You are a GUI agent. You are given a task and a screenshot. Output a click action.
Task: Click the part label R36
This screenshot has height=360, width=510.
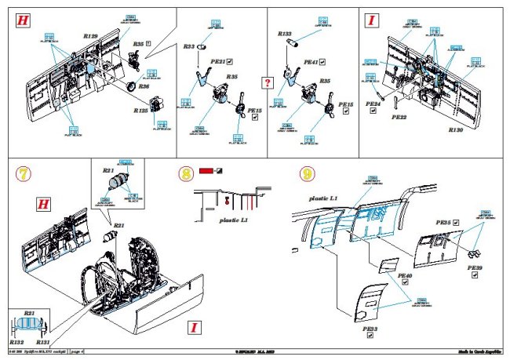pyautogui.click(x=144, y=86)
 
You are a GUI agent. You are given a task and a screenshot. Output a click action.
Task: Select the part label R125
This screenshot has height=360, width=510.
pyautogui.click(x=140, y=111)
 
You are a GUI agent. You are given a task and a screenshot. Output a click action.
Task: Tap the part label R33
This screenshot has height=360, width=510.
pyautogui.click(x=188, y=47)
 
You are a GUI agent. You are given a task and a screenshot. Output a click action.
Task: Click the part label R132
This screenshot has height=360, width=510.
pyautogui.click(x=16, y=344)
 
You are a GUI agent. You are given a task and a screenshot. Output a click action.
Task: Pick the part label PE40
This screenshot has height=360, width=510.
pyautogui.click(x=405, y=276)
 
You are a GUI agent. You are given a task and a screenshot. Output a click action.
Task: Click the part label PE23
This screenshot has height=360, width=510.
pyautogui.click(x=370, y=330)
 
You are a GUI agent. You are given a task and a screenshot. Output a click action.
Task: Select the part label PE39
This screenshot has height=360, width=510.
pyautogui.click(x=475, y=268)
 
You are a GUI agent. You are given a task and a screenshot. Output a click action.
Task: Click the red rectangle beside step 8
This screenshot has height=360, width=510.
pyautogui.click(x=206, y=170)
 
